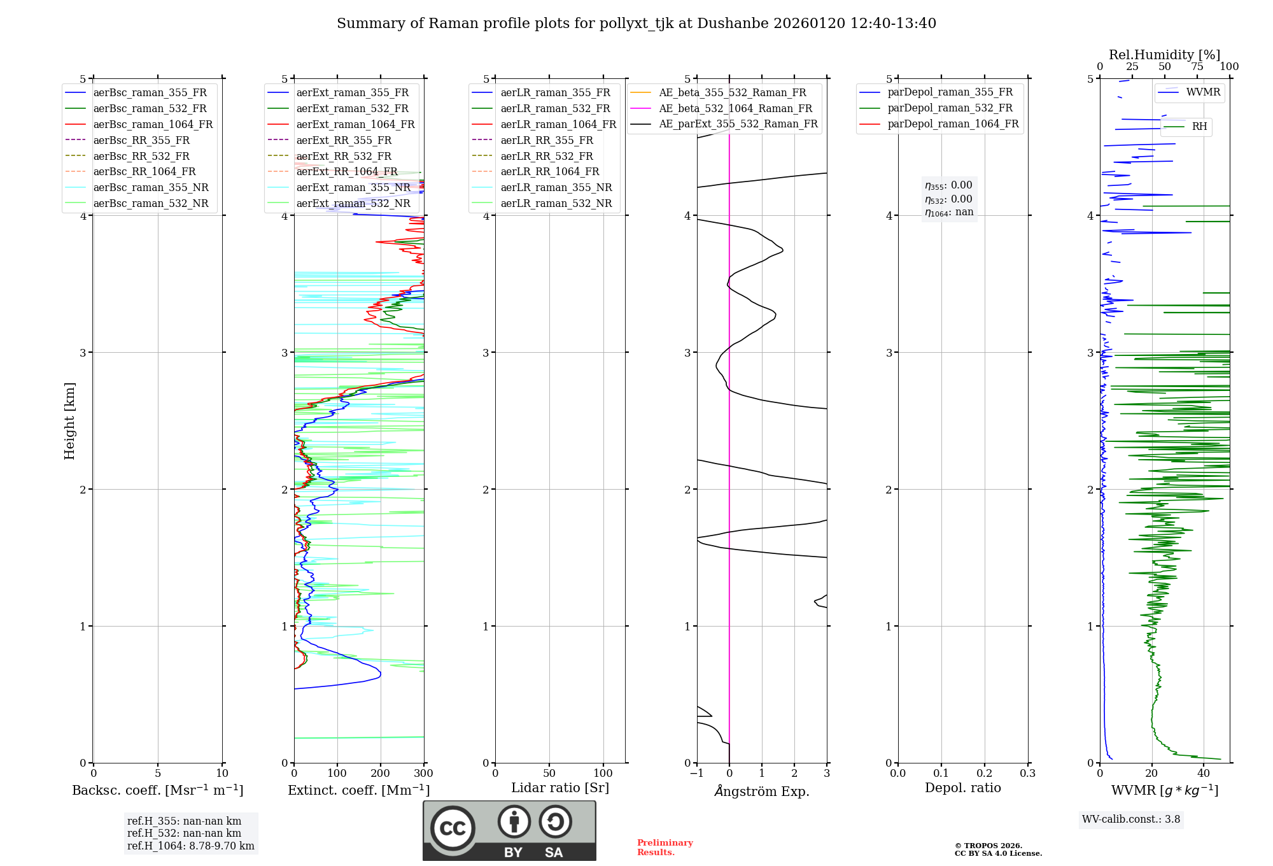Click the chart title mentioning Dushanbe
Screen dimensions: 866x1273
(x=636, y=24)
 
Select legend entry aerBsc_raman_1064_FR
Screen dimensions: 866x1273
(x=153, y=124)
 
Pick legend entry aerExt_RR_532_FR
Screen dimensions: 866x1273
(x=344, y=156)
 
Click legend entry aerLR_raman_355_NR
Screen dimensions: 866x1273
(x=556, y=187)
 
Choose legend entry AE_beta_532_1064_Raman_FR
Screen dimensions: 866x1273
(x=735, y=108)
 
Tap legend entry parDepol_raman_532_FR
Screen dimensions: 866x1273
(x=950, y=108)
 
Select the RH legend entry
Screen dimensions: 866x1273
(x=1199, y=127)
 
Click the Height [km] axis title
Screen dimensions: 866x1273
(x=69, y=420)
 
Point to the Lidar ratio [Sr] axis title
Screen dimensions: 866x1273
(x=559, y=788)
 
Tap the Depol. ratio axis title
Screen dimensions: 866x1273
(x=962, y=788)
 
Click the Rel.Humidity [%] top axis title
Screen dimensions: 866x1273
(x=1164, y=55)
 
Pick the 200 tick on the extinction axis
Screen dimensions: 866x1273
(x=380, y=773)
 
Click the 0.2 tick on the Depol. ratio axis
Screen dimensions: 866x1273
(x=984, y=773)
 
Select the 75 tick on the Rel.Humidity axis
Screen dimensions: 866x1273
(x=1197, y=67)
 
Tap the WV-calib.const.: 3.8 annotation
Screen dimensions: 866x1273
(x=1130, y=820)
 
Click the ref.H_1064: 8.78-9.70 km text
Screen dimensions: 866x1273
(x=190, y=846)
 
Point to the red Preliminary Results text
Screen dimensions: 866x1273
(x=665, y=847)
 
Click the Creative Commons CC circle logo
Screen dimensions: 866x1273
(x=453, y=828)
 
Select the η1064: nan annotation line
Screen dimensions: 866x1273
(x=948, y=213)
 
